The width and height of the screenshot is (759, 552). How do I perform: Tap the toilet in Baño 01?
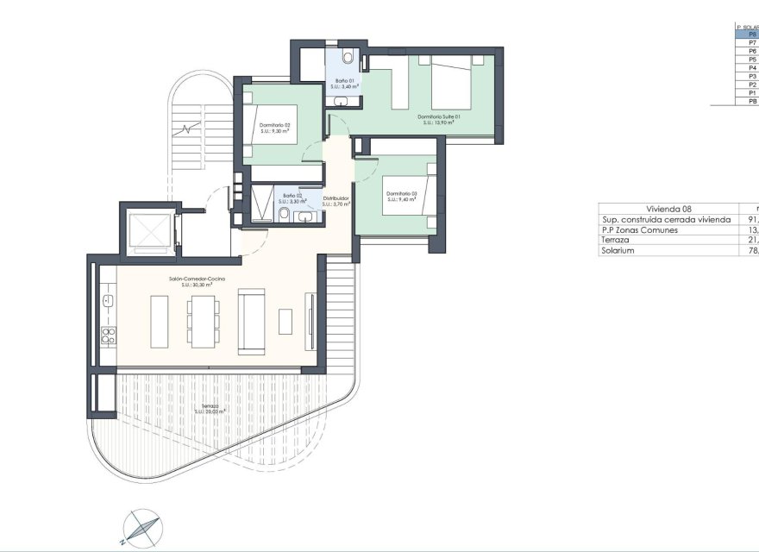point(348,58)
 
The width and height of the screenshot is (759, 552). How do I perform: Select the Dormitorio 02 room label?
point(274,128)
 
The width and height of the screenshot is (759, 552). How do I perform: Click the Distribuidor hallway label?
point(336,201)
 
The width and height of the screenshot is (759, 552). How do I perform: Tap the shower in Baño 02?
point(260,205)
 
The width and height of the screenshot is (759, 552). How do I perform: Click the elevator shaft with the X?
point(148,232)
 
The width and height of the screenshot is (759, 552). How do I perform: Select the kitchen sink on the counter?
point(108,300)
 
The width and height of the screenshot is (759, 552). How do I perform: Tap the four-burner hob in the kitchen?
point(108,335)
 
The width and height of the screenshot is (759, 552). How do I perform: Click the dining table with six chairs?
point(202,321)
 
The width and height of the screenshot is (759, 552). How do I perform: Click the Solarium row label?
point(618,250)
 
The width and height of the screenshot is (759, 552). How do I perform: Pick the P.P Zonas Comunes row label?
point(640,229)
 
